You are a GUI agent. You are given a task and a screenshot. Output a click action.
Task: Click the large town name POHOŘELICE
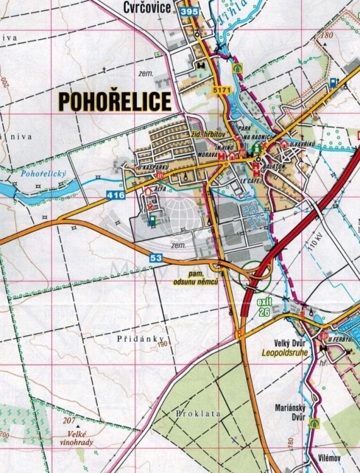tap(115, 101)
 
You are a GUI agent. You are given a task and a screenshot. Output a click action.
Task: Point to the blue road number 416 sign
tap(115, 196)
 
